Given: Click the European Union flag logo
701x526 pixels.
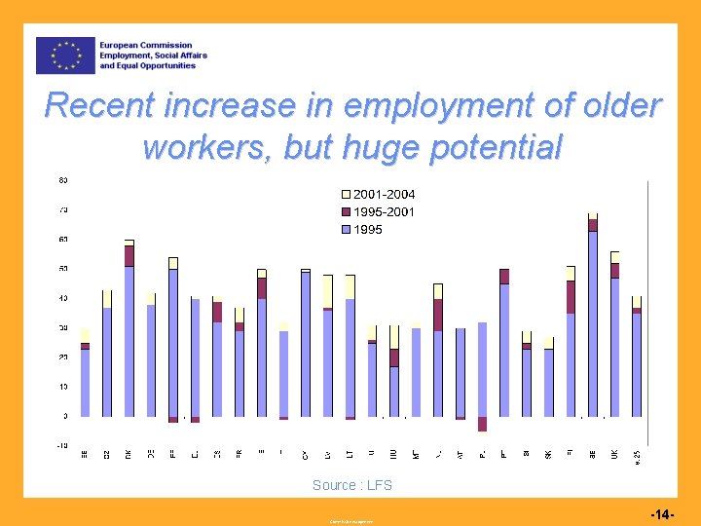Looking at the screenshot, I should point(65,56).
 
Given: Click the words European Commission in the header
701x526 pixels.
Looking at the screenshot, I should point(147,45).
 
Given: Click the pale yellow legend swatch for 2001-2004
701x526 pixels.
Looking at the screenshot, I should point(346,194).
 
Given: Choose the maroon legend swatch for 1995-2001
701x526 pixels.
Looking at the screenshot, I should point(346,211).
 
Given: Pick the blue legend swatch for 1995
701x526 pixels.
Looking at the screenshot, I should point(346,229).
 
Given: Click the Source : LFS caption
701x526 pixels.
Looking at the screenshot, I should point(351,485).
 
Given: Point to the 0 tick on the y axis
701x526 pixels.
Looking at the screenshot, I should point(64,416).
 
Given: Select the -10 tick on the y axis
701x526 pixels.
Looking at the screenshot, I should point(61,446).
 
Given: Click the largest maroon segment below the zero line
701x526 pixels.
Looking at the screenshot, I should point(482,424).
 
